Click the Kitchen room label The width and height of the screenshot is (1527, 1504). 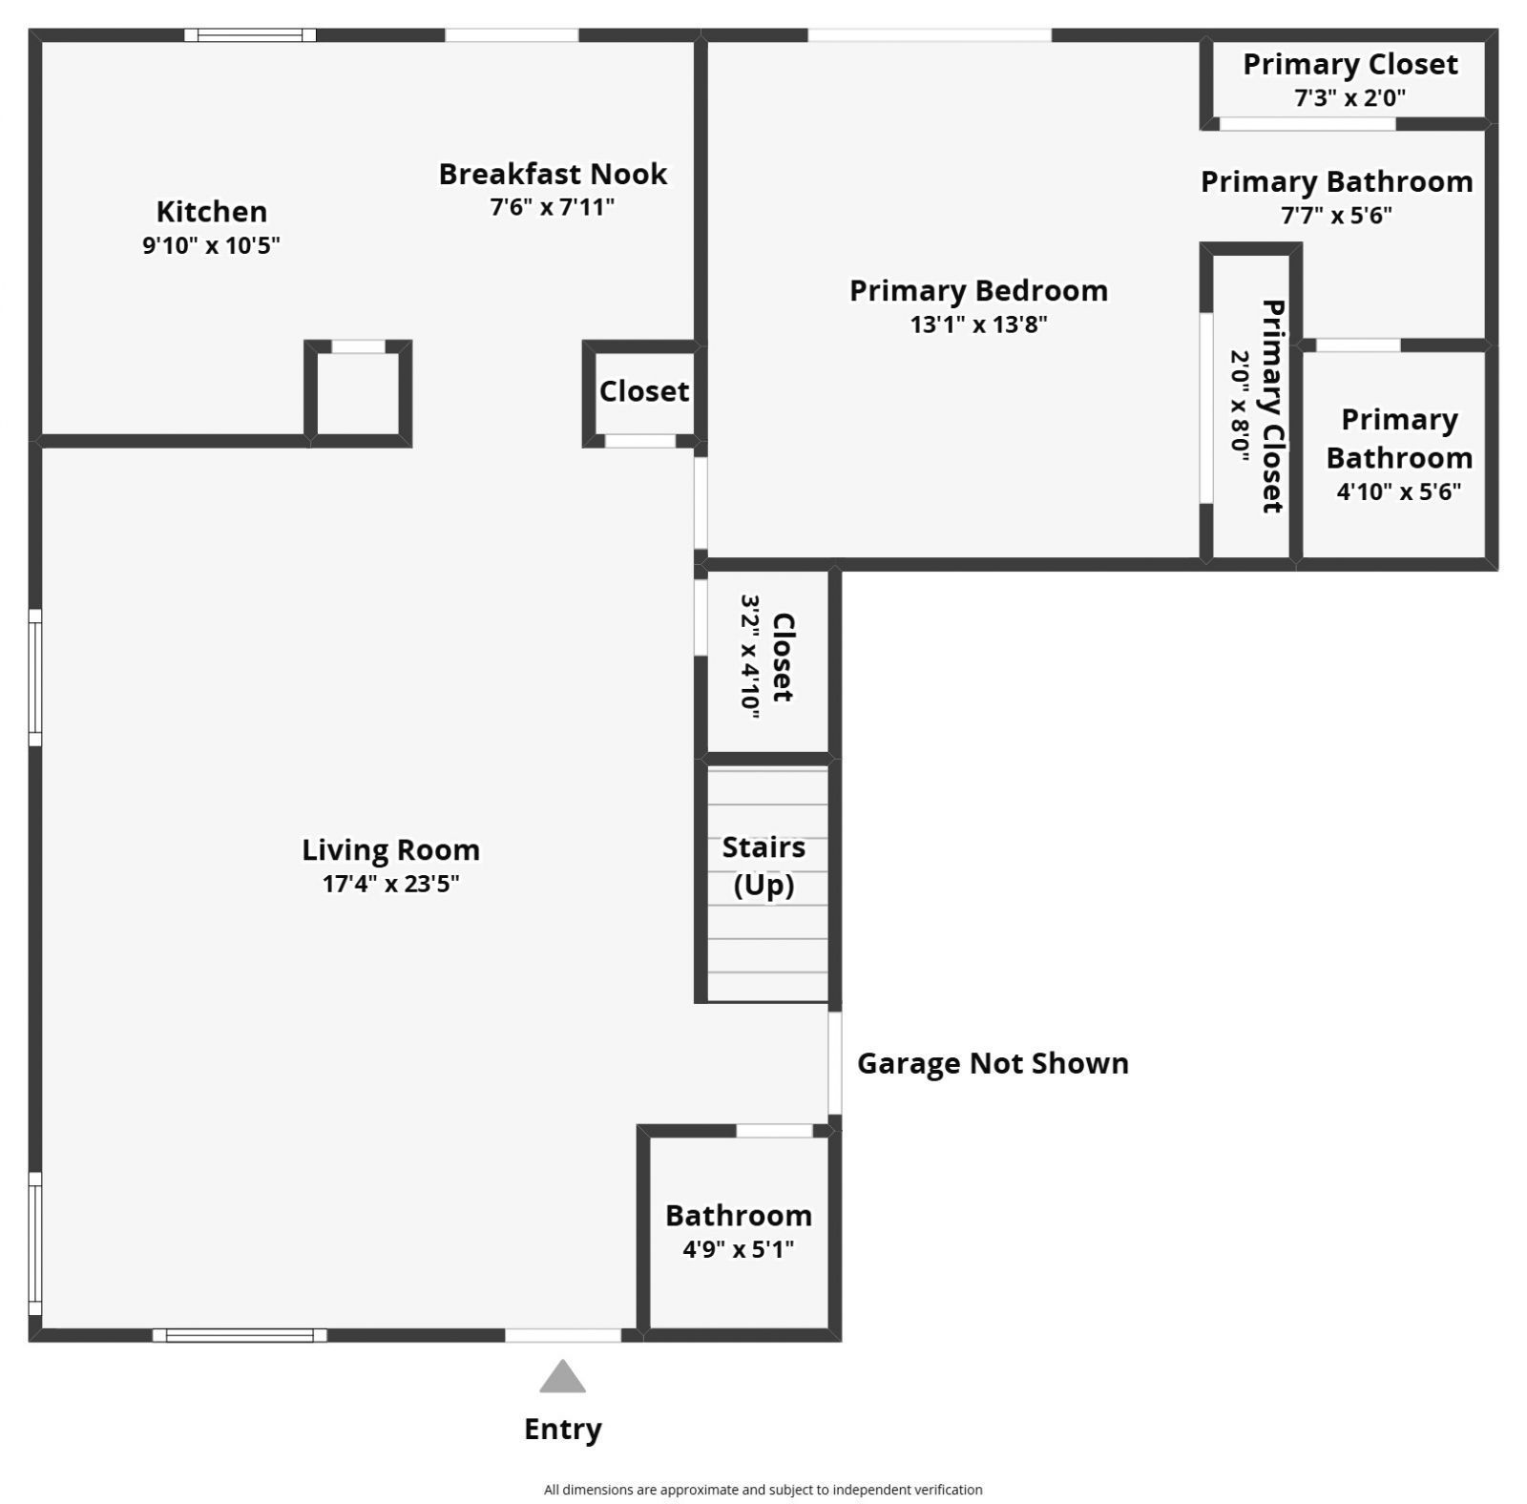coord(211,211)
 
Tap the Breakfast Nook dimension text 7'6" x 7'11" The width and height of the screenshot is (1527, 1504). coord(552,207)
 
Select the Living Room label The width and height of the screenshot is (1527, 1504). coord(390,849)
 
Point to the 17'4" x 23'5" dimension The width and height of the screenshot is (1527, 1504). coord(390,884)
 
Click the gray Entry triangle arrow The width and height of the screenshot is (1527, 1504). coord(562,1377)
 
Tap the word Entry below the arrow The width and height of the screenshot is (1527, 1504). coord(562,1429)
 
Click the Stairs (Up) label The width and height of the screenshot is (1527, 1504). coord(763,866)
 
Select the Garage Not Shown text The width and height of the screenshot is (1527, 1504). coord(993,1063)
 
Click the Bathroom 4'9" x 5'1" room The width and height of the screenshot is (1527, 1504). coord(738,1231)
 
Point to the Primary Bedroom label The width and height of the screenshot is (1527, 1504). coord(978,290)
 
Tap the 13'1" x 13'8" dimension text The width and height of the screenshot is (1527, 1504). coord(978,324)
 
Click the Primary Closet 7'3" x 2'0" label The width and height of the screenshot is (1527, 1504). coord(1349,79)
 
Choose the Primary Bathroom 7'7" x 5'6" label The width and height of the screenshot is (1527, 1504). coord(1336,197)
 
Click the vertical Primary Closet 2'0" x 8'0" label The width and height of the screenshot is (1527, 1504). coord(1256,406)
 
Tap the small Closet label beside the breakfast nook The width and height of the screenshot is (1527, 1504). coord(643,391)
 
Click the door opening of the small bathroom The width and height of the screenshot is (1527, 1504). coord(774,1131)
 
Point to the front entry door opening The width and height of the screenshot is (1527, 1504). coord(562,1335)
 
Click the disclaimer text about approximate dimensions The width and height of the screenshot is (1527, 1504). coord(763,1489)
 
